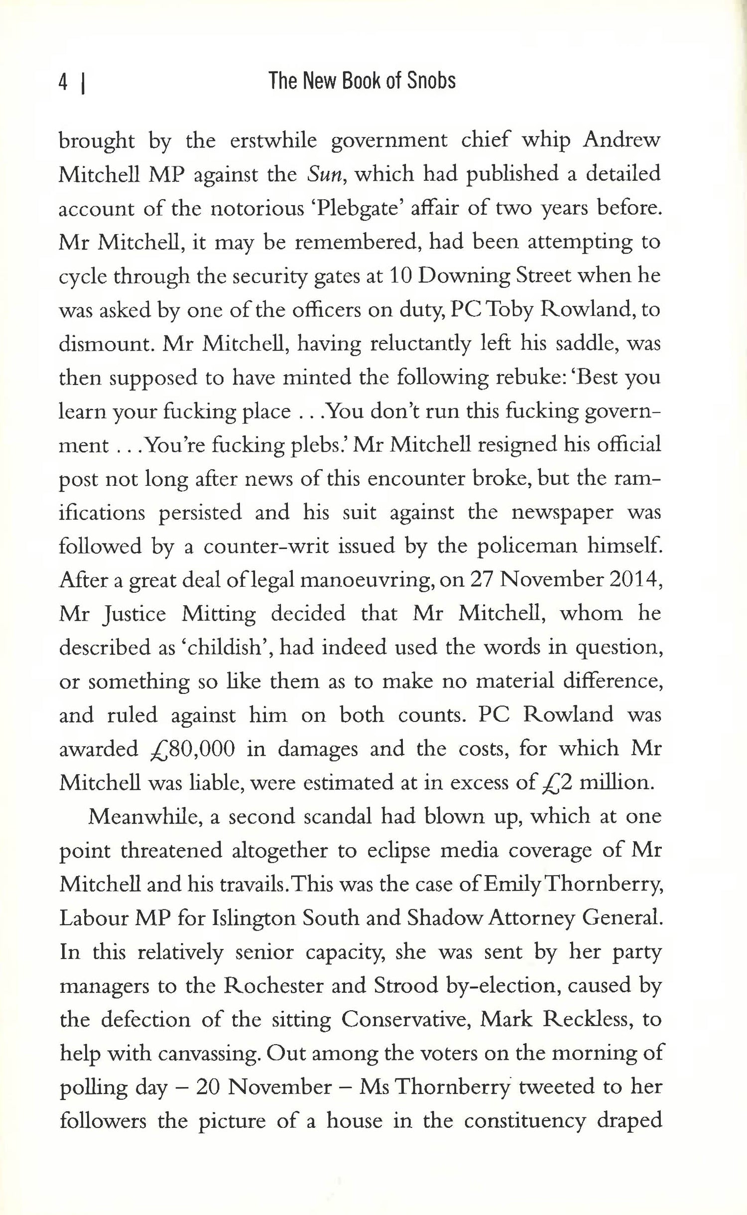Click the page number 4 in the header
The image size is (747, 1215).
[63, 82]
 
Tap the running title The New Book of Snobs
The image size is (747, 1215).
[362, 81]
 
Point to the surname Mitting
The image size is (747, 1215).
[219, 614]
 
